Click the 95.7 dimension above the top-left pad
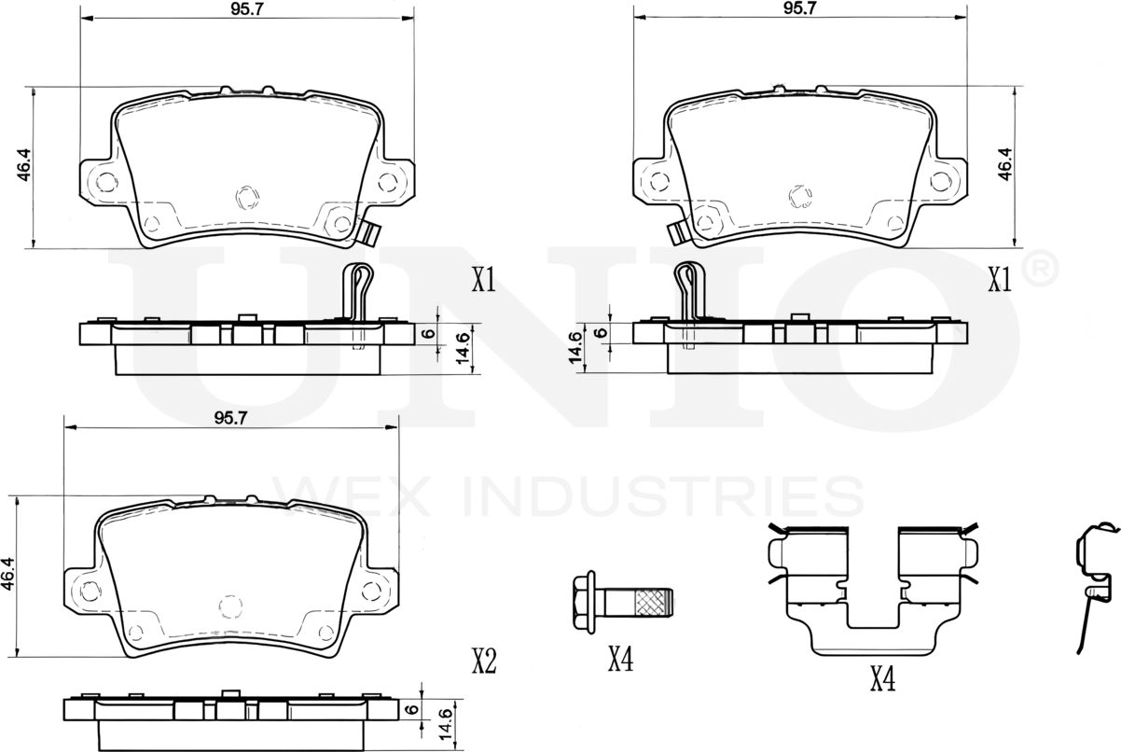[245, 9]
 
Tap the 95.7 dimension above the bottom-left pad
[229, 419]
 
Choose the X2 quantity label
[482, 661]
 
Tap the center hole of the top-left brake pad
[246, 197]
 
